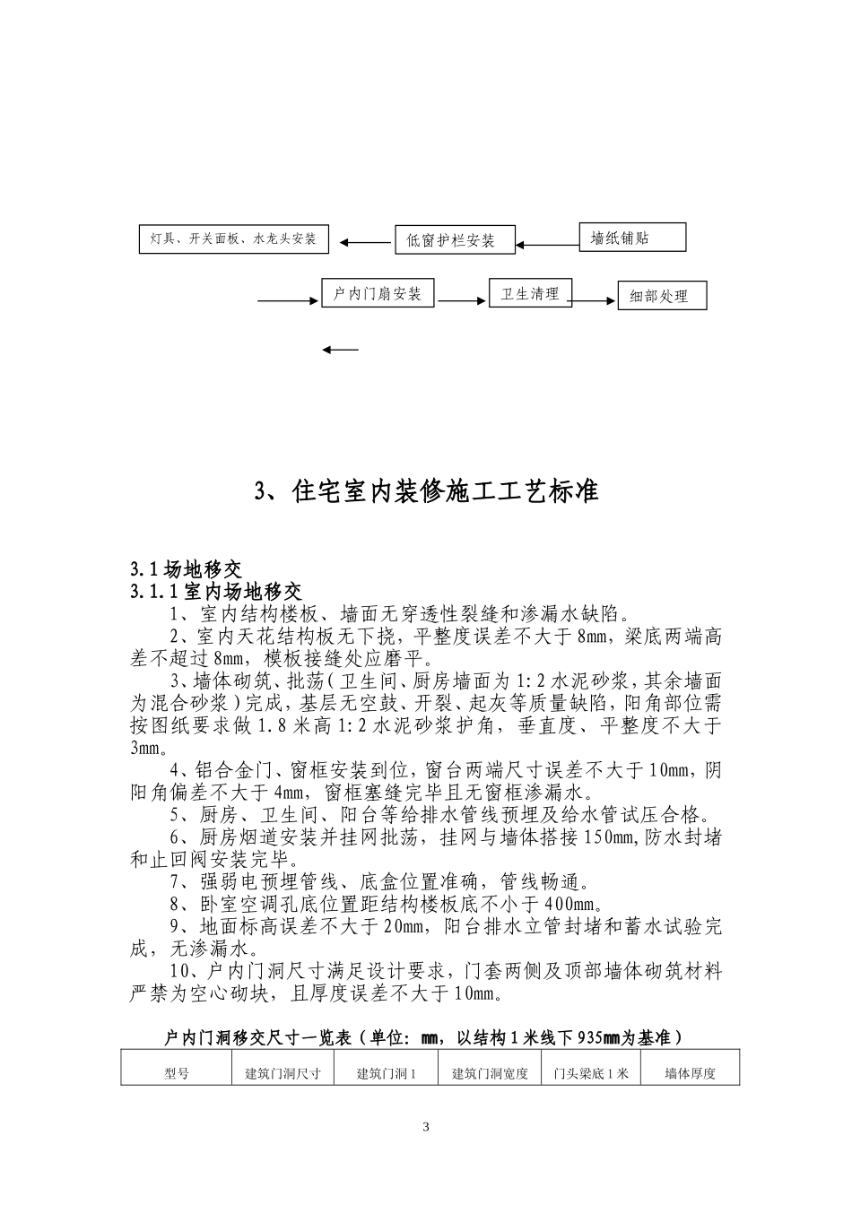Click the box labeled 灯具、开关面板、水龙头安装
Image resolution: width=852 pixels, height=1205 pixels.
coord(233,239)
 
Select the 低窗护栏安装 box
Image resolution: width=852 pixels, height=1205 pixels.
coord(456,239)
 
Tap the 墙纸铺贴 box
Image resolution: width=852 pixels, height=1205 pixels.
coord(632,238)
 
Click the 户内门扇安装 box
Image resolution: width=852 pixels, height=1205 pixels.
coord(378,293)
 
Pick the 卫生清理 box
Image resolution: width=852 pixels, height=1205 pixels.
coord(530,293)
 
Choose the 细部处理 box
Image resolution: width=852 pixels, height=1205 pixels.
coord(662,296)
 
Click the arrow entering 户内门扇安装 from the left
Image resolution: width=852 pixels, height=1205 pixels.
coord(289,300)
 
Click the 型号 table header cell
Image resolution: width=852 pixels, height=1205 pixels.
coord(177,1073)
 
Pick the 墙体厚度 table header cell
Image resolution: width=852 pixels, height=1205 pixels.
coord(690,1073)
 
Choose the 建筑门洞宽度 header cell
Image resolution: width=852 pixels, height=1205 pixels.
coord(490,1073)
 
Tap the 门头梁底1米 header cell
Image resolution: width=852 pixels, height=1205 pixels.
coord(591,1073)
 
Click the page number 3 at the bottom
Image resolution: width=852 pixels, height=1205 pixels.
coord(426,1127)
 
